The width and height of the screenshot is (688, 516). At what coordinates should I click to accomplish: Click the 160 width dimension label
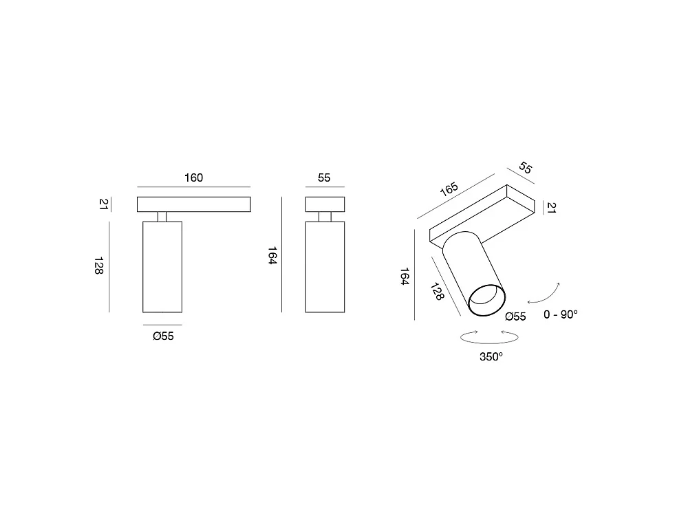click(x=193, y=178)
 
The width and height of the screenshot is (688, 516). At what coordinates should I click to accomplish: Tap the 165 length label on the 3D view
click(x=449, y=189)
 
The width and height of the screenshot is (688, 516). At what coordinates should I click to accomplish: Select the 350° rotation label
click(x=491, y=356)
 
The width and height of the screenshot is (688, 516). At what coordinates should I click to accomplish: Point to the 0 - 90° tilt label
click(x=560, y=314)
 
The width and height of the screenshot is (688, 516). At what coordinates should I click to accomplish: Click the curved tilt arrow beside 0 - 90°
click(x=548, y=297)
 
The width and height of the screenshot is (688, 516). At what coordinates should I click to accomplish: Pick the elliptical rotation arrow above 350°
click(x=489, y=337)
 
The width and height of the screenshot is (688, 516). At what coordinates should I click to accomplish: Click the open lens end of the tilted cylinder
click(x=487, y=300)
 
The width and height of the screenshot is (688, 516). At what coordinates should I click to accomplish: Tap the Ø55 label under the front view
click(x=163, y=336)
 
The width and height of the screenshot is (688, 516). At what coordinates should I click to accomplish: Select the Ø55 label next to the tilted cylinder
click(x=515, y=316)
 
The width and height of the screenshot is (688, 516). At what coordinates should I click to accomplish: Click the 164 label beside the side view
click(x=272, y=255)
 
